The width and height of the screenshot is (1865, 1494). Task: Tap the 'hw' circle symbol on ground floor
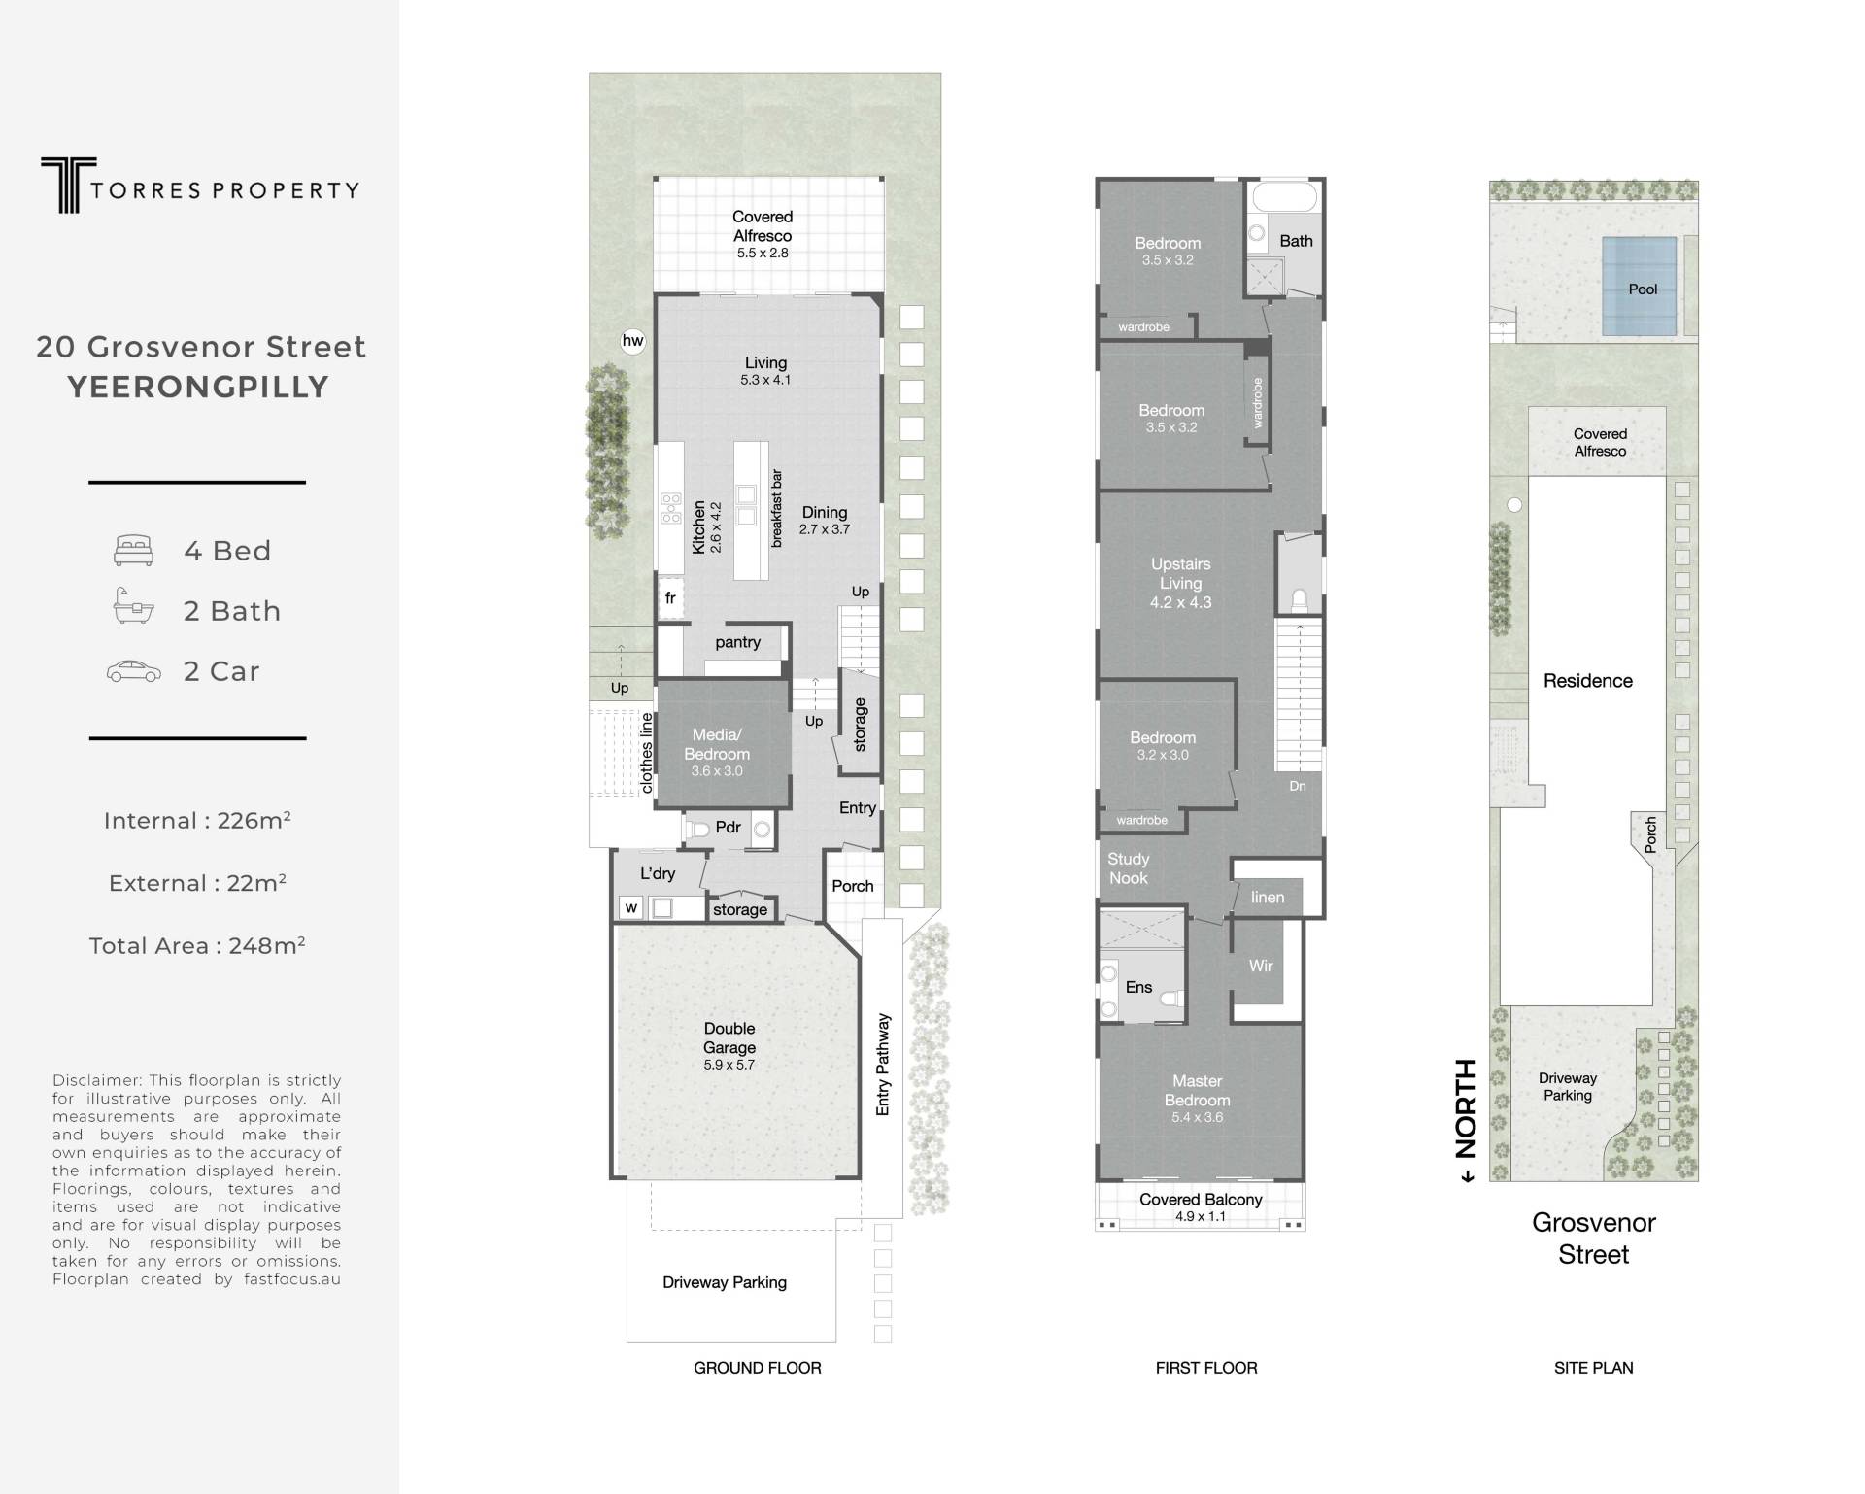pyautogui.click(x=632, y=341)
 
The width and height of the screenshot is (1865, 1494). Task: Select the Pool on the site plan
pyautogui.click(x=1640, y=288)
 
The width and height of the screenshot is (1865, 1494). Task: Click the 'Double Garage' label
pyautogui.click(x=729, y=1037)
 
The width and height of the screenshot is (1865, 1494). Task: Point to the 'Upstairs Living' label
pyautogui.click(x=1180, y=573)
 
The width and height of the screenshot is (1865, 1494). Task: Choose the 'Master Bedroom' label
pyautogui.click(x=1197, y=1090)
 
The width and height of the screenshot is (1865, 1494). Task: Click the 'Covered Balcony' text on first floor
pyautogui.click(x=1201, y=1199)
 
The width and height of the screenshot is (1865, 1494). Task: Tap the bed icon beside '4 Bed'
pyautogui.click(x=133, y=550)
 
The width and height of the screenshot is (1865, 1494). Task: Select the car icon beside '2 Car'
pyautogui.click(x=134, y=671)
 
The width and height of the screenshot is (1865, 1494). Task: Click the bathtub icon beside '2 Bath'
pyautogui.click(x=133, y=606)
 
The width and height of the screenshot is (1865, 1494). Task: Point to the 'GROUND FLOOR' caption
pyautogui.click(x=758, y=1368)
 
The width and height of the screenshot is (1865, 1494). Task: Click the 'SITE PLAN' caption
pyautogui.click(x=1593, y=1368)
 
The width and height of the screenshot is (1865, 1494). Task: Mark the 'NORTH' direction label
pyautogui.click(x=1466, y=1109)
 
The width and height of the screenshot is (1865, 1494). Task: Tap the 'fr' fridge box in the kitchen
pyautogui.click(x=670, y=598)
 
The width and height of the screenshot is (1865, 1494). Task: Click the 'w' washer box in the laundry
pyautogui.click(x=631, y=908)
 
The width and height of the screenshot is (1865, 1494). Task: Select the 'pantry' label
pyautogui.click(x=737, y=642)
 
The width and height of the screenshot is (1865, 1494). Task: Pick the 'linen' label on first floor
pyautogui.click(x=1268, y=897)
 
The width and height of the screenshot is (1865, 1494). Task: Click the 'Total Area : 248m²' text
pyautogui.click(x=197, y=945)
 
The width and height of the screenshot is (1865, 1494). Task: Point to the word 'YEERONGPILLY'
pyautogui.click(x=198, y=387)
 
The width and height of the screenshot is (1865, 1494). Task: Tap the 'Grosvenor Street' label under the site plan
pyautogui.click(x=1594, y=1239)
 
